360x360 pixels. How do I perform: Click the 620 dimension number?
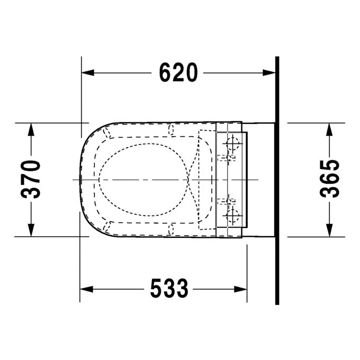[x=178, y=73]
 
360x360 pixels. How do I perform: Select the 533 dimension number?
[x=169, y=289]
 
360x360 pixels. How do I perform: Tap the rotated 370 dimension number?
[x=31, y=179]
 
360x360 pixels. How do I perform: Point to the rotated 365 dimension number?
[x=329, y=178]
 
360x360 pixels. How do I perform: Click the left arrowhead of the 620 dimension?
[x=88, y=73]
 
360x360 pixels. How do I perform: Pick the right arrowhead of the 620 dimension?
[x=269, y=73]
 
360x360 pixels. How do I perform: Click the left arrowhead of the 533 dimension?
[x=86, y=289]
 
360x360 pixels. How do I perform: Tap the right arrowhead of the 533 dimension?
[x=240, y=289]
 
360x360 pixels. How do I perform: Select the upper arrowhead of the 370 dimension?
[x=31, y=130]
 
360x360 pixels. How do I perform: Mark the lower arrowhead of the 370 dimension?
[x=31, y=230]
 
